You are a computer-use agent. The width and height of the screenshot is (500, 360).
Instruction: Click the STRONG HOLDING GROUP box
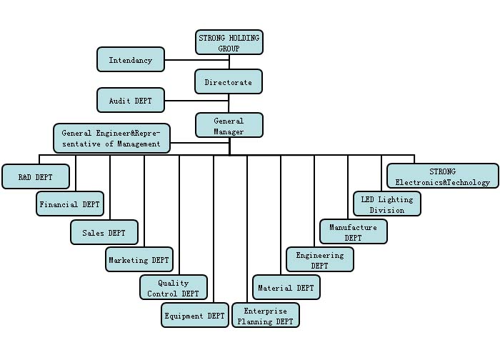click(x=229, y=42)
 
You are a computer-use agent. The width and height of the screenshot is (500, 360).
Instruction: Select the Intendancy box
click(x=131, y=59)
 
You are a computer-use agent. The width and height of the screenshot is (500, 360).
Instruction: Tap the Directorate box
click(x=229, y=81)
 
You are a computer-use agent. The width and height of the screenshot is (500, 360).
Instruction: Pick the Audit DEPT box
click(x=131, y=100)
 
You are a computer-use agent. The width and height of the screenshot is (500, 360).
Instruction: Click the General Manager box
click(x=229, y=125)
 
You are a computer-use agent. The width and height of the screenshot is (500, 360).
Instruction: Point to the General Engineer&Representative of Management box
click(x=111, y=138)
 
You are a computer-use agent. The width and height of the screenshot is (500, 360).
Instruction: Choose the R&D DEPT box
click(x=36, y=176)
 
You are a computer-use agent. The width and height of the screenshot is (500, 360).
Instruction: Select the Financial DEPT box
click(x=70, y=204)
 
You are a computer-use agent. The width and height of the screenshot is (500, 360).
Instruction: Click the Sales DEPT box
click(x=104, y=232)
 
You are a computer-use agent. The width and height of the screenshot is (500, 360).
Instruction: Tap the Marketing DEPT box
click(x=139, y=260)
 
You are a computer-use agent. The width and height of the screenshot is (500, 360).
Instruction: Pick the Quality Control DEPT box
click(x=174, y=288)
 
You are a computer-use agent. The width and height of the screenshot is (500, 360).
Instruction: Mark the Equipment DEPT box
click(x=195, y=315)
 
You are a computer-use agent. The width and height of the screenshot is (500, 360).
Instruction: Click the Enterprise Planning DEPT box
click(x=266, y=315)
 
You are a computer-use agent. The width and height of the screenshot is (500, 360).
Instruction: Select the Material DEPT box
click(x=286, y=287)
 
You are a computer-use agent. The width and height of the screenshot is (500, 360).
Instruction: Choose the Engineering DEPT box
click(x=320, y=259)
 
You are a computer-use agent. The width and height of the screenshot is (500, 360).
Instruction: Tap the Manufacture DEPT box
click(x=353, y=231)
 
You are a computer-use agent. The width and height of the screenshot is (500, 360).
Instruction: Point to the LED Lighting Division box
click(x=387, y=204)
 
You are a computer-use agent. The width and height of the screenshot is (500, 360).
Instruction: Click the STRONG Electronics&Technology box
click(x=443, y=176)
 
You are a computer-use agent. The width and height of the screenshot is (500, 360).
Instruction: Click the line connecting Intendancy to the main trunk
click(x=180, y=60)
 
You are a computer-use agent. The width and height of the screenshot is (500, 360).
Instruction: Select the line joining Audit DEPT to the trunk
click(x=180, y=101)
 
